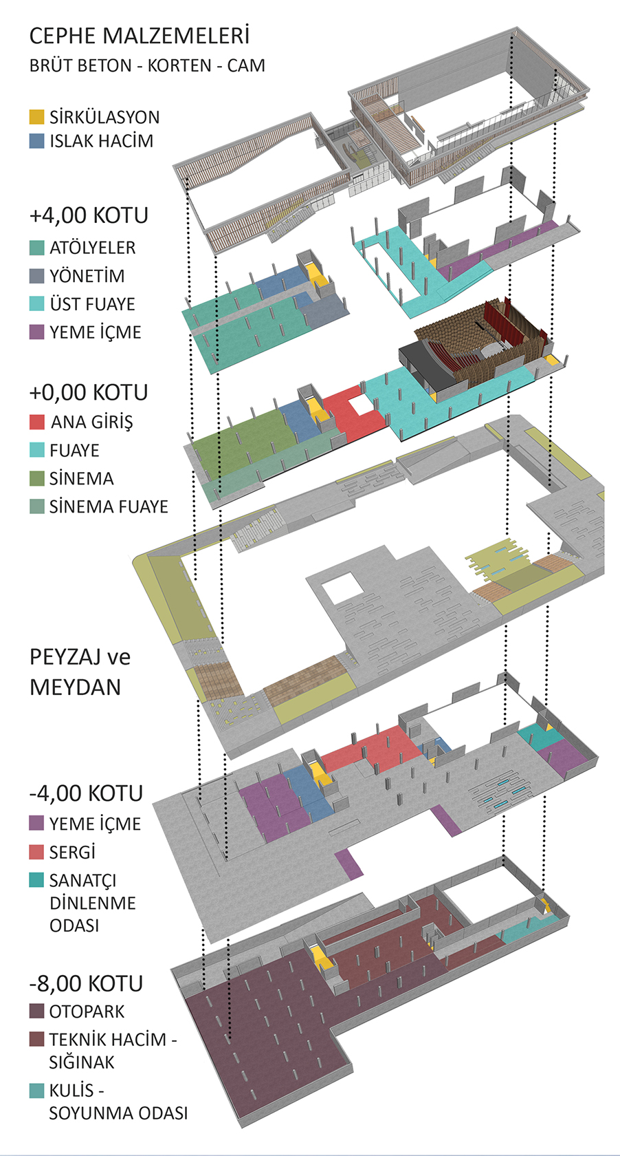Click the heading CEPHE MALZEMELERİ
tap(139, 36)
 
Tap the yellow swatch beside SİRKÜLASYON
tap(36, 117)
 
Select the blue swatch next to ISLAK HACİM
tap(36, 141)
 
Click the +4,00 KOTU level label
tap(89, 215)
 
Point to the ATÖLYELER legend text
tap(92, 248)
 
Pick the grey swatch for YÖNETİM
tap(36, 276)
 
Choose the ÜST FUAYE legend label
tap(92, 304)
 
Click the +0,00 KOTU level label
tap(89, 393)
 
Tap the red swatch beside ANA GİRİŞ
tap(36, 422)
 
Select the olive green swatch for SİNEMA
tap(36, 478)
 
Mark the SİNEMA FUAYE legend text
tap(109, 506)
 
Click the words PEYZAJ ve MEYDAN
tap(80, 672)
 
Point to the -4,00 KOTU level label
tap(86, 793)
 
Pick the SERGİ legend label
tap(72, 852)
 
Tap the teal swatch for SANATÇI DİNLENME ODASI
tap(36, 880)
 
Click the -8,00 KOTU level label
tap(86, 984)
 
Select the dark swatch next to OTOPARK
tap(36, 1011)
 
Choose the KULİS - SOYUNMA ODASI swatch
tap(36, 1091)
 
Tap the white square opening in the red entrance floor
tap(359, 406)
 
